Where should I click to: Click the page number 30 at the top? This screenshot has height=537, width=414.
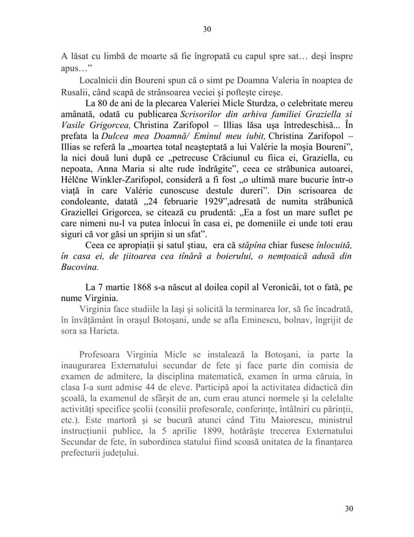pos(207,29)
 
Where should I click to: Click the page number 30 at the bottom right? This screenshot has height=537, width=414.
pos(350,507)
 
